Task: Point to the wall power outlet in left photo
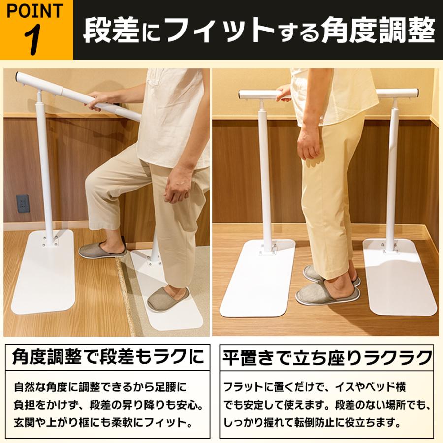pos(23,203)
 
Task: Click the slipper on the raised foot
pos(102,250)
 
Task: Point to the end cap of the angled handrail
pos(18,77)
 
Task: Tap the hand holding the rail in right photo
pos(284,92)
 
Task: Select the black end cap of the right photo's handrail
pos(417,93)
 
